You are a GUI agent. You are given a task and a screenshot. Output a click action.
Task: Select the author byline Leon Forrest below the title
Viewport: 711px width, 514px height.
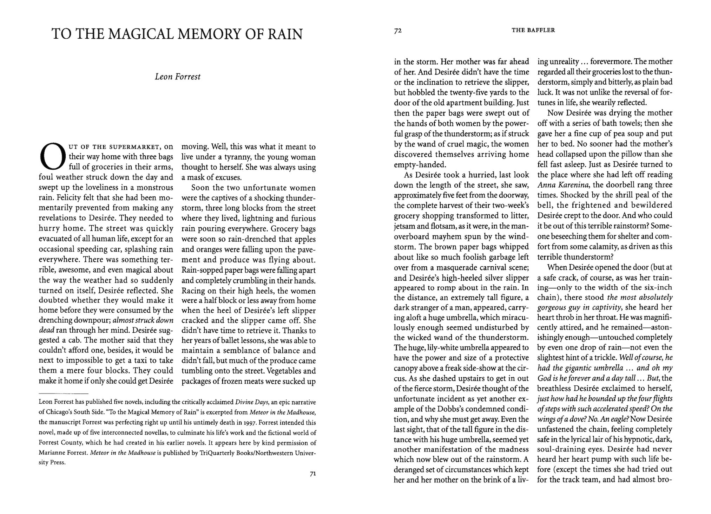177,77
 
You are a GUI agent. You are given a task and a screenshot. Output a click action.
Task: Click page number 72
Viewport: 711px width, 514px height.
397,31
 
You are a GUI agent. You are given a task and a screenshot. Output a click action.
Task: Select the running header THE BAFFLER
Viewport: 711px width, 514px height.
533,30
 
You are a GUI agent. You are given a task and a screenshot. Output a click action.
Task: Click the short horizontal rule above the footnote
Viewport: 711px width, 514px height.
63,393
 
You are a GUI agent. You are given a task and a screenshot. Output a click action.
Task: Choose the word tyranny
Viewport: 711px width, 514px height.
237,157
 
